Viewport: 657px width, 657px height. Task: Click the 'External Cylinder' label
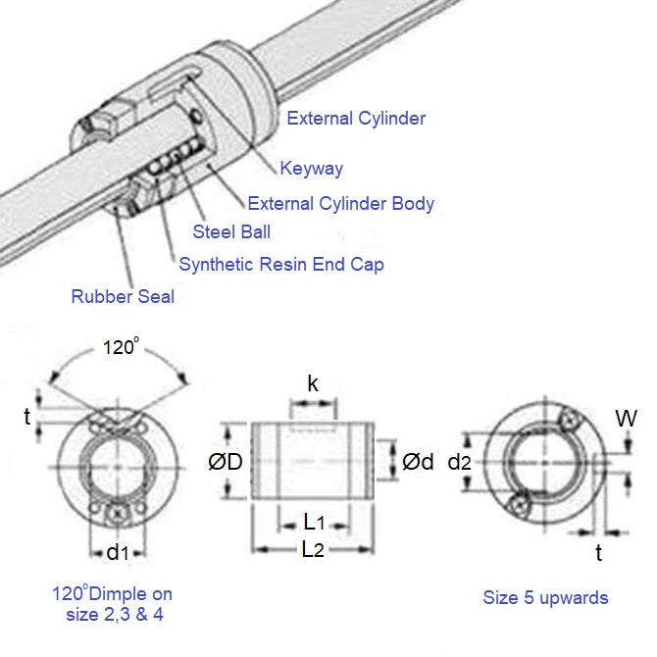coord(355,119)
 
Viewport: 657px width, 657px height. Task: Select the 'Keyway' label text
coord(311,169)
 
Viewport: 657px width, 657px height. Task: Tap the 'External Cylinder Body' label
coord(340,204)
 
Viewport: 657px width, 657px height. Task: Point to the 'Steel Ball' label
coord(231,232)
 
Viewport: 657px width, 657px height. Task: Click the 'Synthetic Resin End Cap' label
coord(280,264)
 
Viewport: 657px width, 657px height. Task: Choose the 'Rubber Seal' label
coord(123,296)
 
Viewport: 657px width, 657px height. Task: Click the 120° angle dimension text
coord(120,348)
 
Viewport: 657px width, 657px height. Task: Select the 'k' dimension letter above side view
coord(313,383)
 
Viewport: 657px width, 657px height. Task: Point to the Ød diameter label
coord(418,461)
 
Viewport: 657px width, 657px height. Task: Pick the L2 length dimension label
coord(313,549)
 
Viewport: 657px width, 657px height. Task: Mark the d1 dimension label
coord(118,552)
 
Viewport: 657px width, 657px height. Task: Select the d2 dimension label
coord(458,461)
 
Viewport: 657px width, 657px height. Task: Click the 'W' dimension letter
coord(627,419)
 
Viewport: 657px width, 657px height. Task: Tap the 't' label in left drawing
coord(26,416)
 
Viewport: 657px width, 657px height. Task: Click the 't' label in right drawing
coord(599,552)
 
